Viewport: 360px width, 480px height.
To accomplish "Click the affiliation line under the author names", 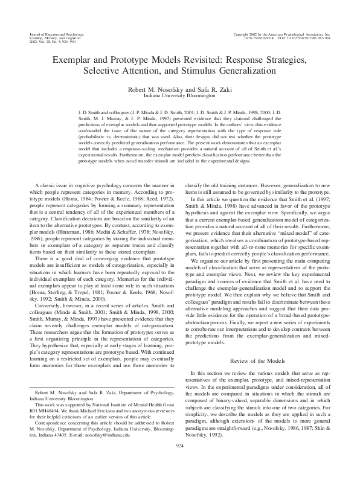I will pyautogui.click(x=179, y=96).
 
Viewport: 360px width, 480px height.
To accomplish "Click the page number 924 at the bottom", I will pyautogui.click(x=179, y=462).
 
